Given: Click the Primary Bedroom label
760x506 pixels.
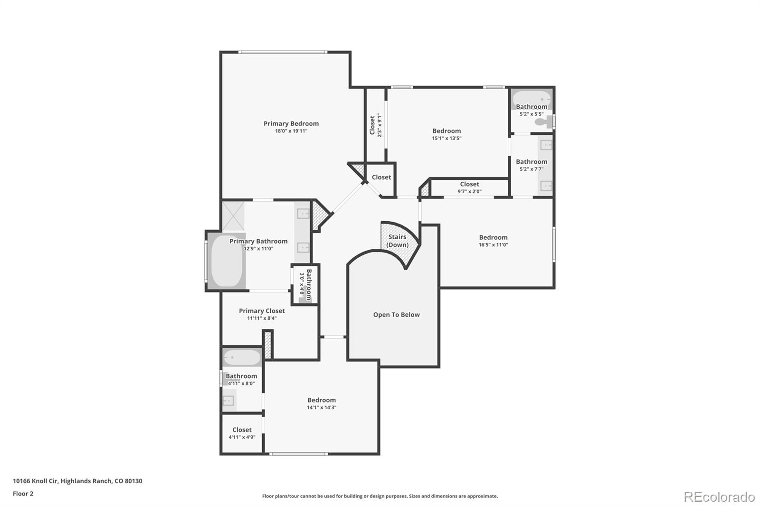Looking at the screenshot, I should tap(291, 123).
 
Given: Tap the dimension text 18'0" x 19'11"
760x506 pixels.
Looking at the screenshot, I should tap(291, 131).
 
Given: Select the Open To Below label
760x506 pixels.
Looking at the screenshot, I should tap(396, 315).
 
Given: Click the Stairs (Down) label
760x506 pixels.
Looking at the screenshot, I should tap(397, 241).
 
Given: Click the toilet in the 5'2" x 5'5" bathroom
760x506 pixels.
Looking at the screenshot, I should tap(542, 122).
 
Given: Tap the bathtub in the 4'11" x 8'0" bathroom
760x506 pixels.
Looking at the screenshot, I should tap(241, 357).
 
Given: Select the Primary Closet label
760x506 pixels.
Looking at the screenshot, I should tap(262, 311).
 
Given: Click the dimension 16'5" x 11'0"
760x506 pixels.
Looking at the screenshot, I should tap(493, 245).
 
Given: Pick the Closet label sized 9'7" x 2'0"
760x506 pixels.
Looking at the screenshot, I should tap(469, 184).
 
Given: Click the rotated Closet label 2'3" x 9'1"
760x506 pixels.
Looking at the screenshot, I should tap(372, 125).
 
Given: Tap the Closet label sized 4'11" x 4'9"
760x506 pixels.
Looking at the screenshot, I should tap(242, 430).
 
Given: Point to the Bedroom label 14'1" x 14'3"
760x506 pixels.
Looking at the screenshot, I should tap(322, 400).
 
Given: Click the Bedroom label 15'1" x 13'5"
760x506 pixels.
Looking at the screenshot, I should tap(446, 131).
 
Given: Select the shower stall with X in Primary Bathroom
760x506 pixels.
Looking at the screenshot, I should tap(233, 216).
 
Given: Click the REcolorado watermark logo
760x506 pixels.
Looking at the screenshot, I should tap(719, 497).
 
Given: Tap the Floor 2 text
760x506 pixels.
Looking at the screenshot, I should tap(23, 494).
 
